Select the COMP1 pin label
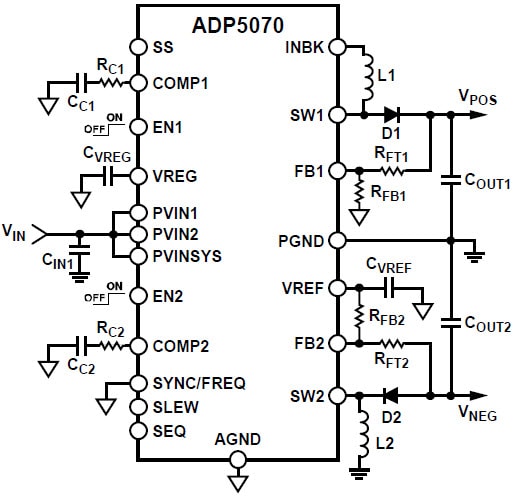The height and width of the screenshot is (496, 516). (179, 83)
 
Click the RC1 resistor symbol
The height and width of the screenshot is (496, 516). (108, 83)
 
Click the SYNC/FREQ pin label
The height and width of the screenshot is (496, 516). (199, 383)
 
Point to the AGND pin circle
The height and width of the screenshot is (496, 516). (238, 460)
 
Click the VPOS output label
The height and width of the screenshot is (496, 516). (478, 97)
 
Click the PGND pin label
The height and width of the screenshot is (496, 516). (304, 241)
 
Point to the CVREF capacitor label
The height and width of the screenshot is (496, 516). (390, 266)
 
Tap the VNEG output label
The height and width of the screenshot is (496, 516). (478, 413)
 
